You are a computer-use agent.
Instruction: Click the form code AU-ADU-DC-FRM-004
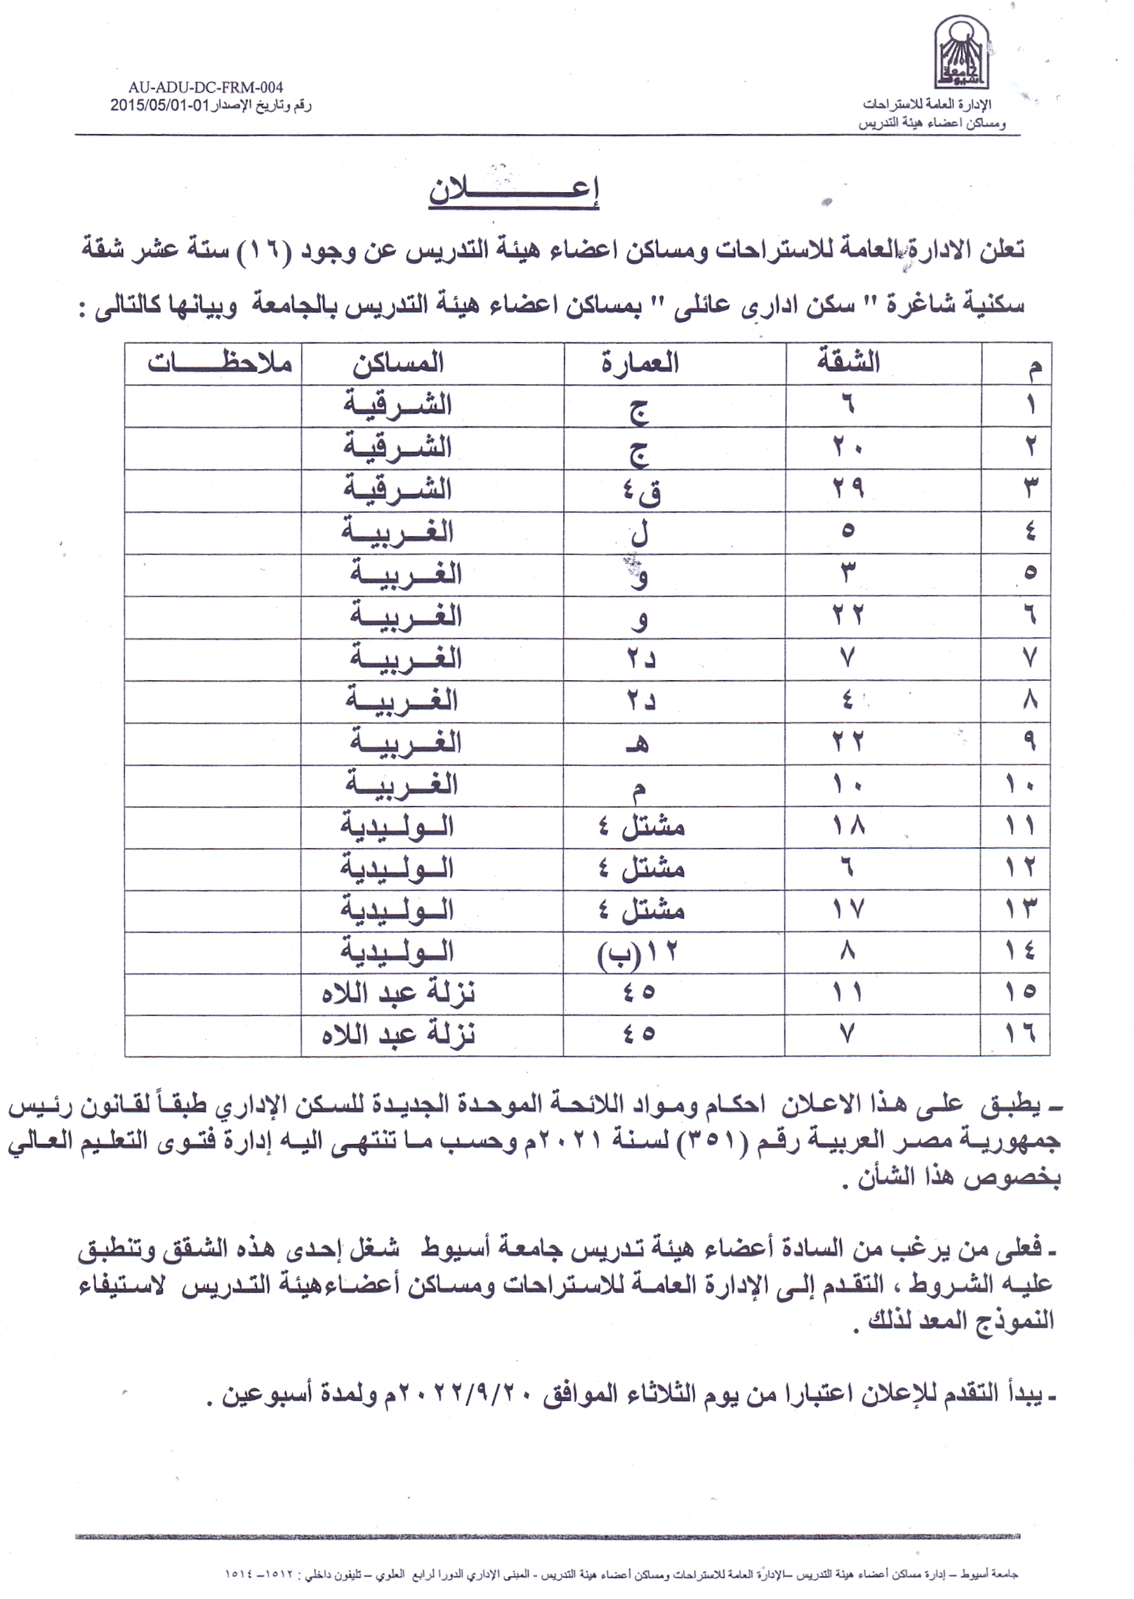click(205, 88)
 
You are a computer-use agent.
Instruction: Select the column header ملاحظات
click(219, 363)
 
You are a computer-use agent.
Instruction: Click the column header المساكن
click(397, 363)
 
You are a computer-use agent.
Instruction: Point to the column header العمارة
click(640, 363)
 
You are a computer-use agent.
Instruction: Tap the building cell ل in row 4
click(639, 533)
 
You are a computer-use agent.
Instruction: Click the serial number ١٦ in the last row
click(1020, 1033)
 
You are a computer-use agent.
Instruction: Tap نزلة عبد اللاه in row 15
click(399, 993)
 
